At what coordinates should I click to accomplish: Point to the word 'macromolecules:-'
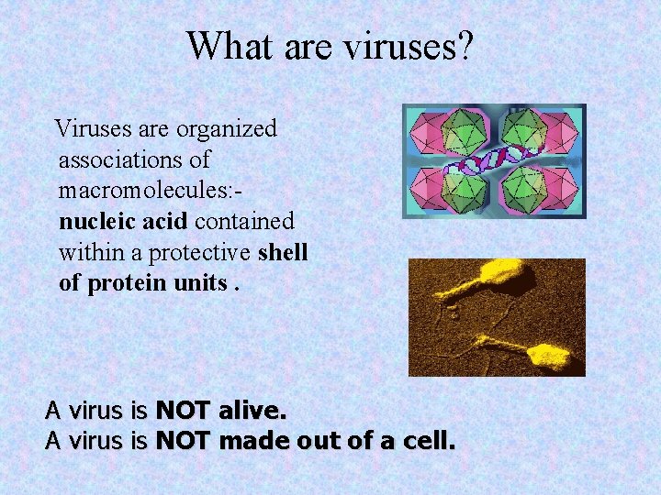click(151, 191)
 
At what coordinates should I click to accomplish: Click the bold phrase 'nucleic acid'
click(124, 221)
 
